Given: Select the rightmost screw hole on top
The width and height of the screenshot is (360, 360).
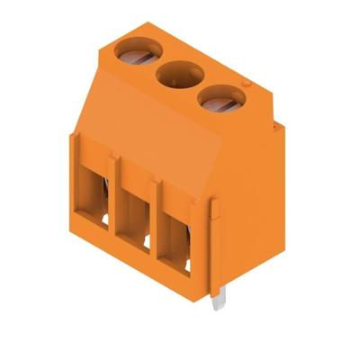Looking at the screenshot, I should click(x=219, y=99).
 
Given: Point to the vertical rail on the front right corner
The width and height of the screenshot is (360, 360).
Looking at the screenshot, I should click(x=214, y=243).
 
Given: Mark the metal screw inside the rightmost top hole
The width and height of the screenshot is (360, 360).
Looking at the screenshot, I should click(x=220, y=103).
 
